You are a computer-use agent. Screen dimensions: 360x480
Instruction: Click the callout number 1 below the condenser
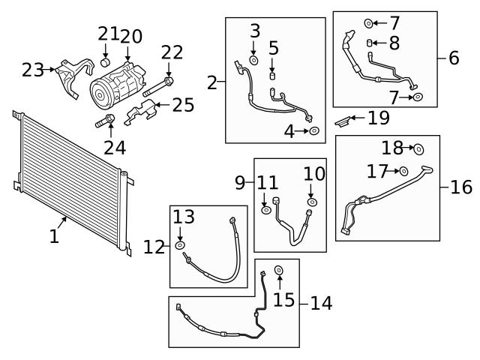click(54, 237)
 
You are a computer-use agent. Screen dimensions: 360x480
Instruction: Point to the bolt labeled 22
click(168, 82)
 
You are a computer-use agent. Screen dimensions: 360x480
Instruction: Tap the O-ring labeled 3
click(254, 60)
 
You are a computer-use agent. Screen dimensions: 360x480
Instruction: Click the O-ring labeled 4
click(315, 132)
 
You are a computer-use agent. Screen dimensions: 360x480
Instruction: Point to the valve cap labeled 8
click(370, 42)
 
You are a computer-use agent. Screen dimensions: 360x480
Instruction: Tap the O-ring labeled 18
click(418, 148)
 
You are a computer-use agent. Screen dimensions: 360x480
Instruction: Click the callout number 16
click(461, 187)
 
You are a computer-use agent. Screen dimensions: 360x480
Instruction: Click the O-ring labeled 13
click(180, 246)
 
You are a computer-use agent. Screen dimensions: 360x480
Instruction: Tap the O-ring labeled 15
click(279, 270)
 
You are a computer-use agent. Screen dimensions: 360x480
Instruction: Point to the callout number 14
click(321, 304)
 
